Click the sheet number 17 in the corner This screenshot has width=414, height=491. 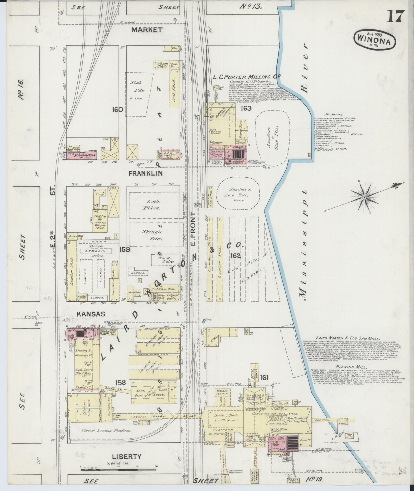tap(396, 16)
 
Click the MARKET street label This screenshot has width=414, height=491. tap(147, 30)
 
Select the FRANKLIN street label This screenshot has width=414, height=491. tap(146, 173)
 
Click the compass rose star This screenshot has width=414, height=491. tap(364, 197)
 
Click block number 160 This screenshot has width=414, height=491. tap(118, 109)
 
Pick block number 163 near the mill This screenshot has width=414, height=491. tap(246, 108)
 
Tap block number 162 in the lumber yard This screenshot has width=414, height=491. tap(237, 256)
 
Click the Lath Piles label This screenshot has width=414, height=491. tap(153, 205)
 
